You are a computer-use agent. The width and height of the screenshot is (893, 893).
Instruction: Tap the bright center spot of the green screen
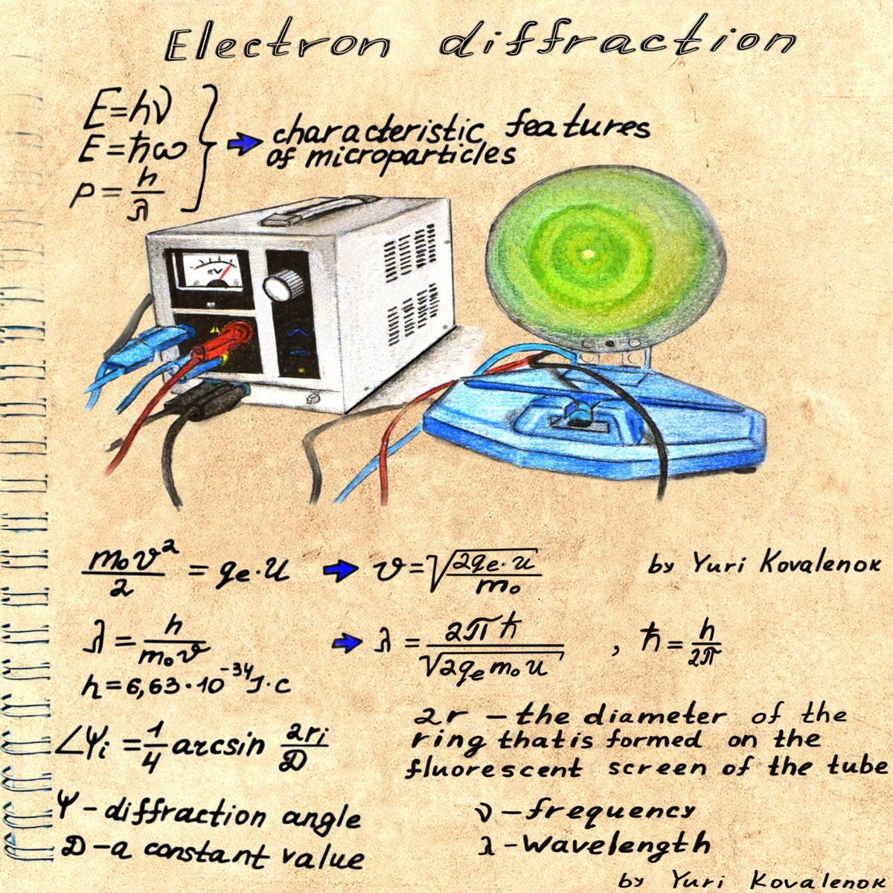coord(588,255)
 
